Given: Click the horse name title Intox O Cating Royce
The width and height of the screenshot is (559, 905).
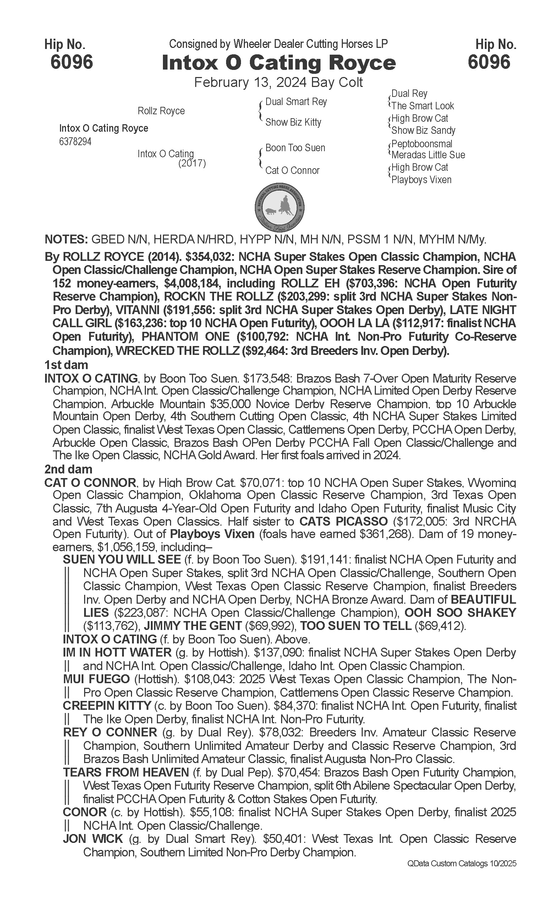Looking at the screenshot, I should tap(279, 62).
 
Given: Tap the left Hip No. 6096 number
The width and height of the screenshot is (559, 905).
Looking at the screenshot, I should tap(72, 61).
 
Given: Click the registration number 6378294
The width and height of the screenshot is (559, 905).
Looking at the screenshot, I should tap(75, 142).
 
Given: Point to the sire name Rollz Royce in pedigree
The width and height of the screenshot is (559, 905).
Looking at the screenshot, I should tap(161, 111).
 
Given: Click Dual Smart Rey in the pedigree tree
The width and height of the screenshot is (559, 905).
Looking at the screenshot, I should tap(296, 102).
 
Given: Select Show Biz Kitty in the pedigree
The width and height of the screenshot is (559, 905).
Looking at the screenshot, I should tap(293, 122).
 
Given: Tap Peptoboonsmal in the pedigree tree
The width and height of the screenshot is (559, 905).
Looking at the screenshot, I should tap(422, 143).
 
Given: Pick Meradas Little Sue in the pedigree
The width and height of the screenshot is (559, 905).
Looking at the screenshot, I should tap(428, 155).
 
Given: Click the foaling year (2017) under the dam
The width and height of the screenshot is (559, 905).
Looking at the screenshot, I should tap(192, 163).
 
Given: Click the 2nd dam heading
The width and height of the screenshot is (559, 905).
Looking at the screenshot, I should tap(68, 469).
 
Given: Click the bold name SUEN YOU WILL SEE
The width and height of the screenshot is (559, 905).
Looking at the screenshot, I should tap(122, 559).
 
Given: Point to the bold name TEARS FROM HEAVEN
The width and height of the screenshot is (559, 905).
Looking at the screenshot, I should tap(126, 772).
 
